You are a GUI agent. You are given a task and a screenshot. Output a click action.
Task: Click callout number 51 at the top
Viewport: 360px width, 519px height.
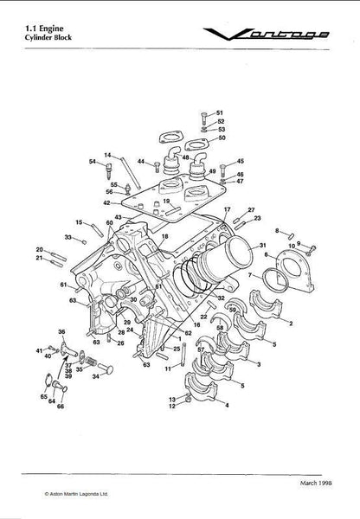coord(220,113)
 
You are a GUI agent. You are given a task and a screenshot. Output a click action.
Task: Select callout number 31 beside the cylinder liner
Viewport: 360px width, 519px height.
coord(263,246)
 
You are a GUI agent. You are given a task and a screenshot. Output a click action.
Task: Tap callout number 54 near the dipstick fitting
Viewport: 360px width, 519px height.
coord(92,162)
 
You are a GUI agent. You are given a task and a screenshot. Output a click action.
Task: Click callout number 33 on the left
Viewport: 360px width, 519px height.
coord(67,236)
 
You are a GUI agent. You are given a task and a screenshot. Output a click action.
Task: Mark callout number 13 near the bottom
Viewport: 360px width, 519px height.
coord(173,397)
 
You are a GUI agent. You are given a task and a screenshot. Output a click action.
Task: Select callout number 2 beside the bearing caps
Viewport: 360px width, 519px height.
coord(290,322)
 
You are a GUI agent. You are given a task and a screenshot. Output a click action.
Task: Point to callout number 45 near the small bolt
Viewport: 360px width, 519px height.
coord(241,161)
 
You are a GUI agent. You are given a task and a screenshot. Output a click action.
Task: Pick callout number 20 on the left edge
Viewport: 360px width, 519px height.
coord(39,248)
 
